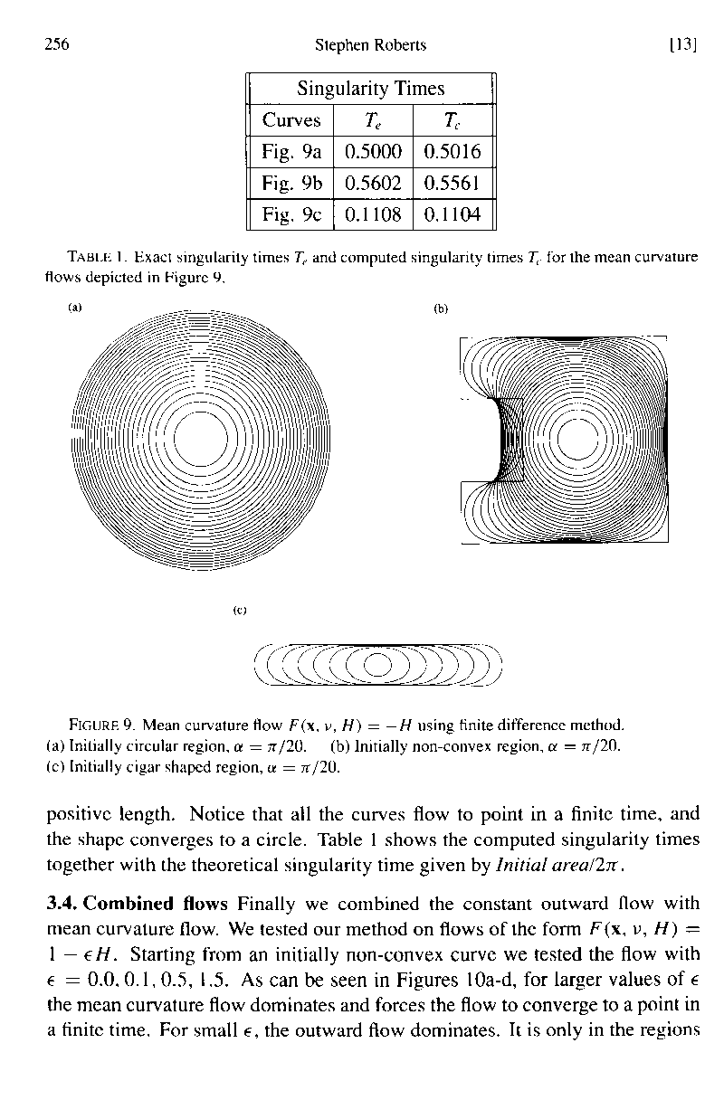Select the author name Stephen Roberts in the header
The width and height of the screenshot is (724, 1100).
coord(369,44)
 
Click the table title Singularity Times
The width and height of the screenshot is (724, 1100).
coord(371,89)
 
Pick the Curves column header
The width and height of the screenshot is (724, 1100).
coord(291,120)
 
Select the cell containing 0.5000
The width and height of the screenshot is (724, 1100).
coord(372,152)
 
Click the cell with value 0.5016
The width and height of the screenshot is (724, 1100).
coord(452,152)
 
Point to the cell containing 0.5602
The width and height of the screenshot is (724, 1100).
coord(372,184)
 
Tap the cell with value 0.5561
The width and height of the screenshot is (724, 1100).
coord(452,184)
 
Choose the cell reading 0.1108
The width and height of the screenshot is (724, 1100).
coord(372,215)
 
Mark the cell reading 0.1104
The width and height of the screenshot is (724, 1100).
coord(452,215)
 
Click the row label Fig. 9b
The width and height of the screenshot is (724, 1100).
coord(291,184)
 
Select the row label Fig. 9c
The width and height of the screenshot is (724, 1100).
coord(291,215)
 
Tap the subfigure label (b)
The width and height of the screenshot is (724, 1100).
coord(441,308)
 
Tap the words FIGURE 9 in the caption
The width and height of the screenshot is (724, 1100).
coord(102,725)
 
